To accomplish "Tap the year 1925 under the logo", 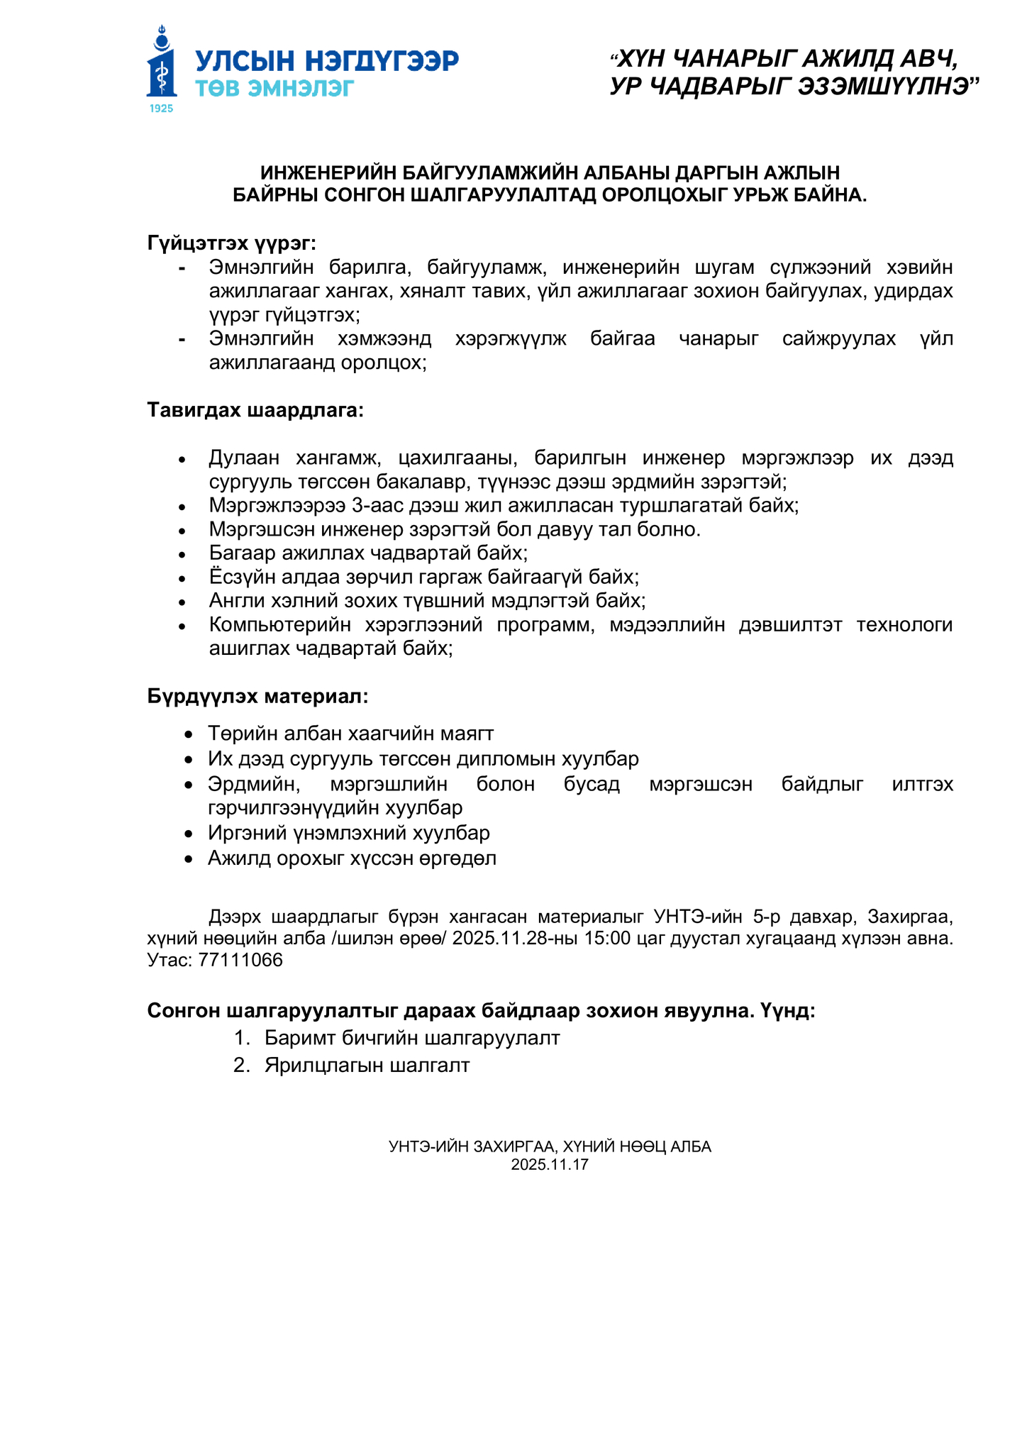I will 162,109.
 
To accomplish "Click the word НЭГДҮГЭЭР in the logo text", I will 382,61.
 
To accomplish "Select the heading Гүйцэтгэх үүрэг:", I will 232,243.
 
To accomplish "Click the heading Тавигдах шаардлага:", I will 255,410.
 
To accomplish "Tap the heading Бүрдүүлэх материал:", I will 258,696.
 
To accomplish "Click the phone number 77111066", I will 240,960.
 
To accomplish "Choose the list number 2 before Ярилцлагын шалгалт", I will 240,1065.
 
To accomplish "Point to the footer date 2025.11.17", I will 550,1164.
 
